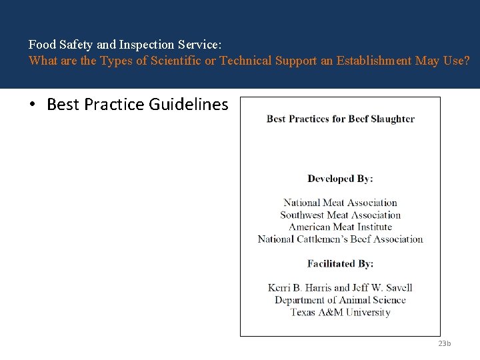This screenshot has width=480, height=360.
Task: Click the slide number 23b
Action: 445,343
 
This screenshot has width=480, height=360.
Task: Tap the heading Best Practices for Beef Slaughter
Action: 340,119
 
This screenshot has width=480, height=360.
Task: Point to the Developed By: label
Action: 340,179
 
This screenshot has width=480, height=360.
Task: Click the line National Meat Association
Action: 340,203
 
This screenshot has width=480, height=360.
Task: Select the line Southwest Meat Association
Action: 340,215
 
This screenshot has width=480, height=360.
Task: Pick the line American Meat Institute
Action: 340,227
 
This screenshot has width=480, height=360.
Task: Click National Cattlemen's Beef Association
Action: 340,239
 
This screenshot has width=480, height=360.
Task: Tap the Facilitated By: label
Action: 340,264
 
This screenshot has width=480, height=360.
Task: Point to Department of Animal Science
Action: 340,300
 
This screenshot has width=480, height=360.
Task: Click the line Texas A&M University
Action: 340,312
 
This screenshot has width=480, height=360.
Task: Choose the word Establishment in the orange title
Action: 374,61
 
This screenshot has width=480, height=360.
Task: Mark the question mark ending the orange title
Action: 466,61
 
